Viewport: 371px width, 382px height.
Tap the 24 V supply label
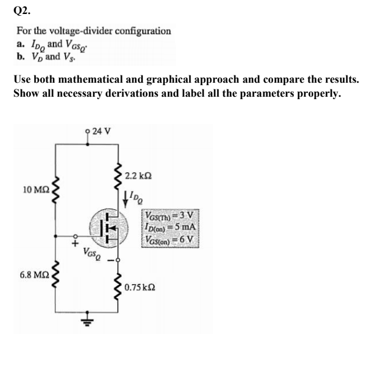click(98, 130)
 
